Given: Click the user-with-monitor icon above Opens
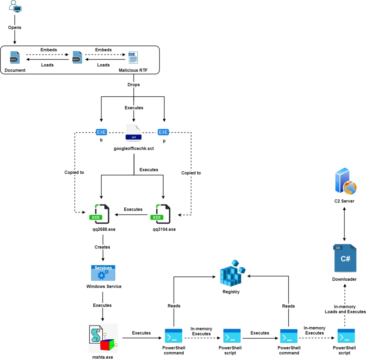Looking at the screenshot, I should tap(14, 7).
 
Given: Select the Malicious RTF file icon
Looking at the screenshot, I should tap(133, 58).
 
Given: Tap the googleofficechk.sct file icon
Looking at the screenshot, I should tap(133, 133).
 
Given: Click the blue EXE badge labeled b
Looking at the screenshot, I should tap(101, 132).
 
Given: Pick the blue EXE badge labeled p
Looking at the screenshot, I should tap(163, 132).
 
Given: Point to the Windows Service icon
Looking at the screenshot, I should tap(103, 273).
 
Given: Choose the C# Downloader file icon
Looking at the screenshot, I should tap(344, 258).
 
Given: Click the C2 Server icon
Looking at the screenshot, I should tap(345, 182).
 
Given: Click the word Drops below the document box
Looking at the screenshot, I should tap(133, 85).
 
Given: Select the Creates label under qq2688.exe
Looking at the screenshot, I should tap(103, 247).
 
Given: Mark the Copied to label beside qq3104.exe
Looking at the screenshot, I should tap(191, 173).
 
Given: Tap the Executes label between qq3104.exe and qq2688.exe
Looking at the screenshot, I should tap(133, 210).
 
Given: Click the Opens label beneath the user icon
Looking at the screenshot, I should tap(15, 27).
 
